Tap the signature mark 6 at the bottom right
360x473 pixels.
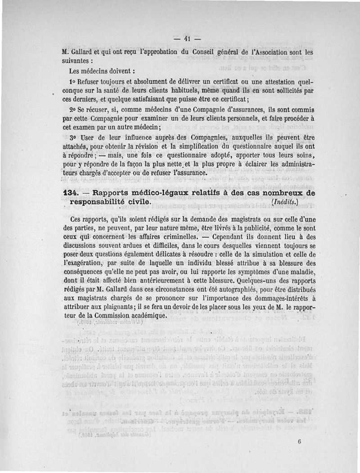point(299,442)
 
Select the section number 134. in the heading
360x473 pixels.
point(71,193)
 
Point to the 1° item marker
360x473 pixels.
point(73,83)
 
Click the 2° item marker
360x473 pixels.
point(73,110)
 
